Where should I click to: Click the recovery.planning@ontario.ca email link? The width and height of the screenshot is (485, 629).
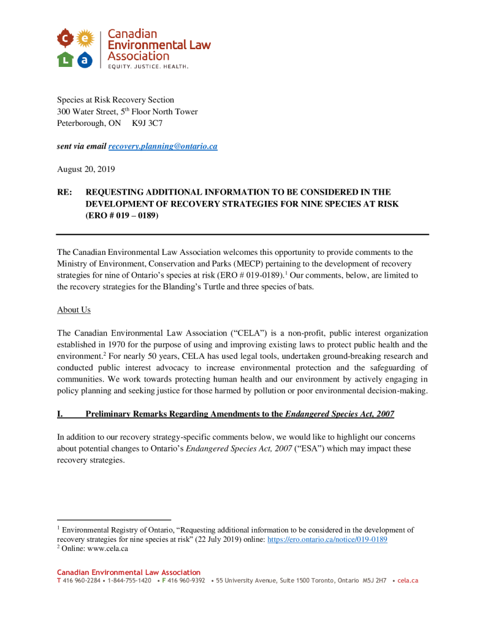point(162,146)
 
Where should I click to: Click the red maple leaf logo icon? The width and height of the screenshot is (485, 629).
point(65,39)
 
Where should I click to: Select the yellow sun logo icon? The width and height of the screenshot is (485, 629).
point(85,39)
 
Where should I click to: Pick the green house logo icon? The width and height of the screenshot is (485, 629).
point(65,59)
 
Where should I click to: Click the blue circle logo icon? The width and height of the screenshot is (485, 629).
point(85,59)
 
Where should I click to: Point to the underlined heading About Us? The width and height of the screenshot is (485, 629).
point(74,310)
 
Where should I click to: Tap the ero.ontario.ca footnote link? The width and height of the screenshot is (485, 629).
point(327,539)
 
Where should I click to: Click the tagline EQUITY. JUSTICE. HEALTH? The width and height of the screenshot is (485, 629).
point(148,66)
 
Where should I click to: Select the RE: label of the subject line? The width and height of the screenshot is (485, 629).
point(64,192)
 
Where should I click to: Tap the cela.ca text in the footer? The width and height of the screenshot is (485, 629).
point(408,580)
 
